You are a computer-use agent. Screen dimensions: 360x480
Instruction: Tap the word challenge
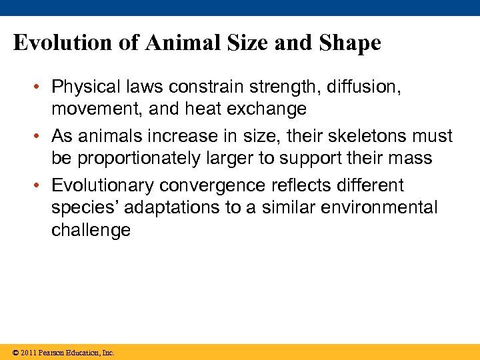click(91, 231)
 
